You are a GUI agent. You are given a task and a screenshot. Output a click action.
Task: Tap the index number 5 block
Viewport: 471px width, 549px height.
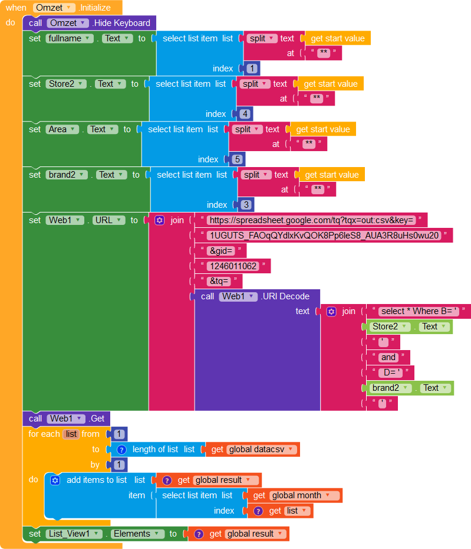point(237,159)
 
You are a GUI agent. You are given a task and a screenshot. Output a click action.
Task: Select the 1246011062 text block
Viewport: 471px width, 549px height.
point(232,266)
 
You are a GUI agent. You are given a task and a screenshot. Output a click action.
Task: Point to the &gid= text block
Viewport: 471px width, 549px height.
point(220,251)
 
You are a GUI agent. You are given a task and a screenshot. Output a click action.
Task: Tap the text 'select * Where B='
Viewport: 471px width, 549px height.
point(419,311)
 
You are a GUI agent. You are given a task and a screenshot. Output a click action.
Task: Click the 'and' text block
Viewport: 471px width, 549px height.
point(388,357)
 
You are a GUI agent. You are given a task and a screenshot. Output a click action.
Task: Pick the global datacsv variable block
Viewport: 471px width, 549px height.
point(256,449)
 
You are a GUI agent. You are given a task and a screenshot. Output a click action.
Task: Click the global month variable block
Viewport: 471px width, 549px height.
point(299,495)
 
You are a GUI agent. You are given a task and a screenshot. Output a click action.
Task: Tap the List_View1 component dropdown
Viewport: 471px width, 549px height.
point(73,534)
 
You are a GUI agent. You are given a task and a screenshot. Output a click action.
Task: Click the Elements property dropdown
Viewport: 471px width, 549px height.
point(138,534)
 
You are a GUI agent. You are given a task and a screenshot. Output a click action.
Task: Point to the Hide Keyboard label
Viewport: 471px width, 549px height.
point(121,23)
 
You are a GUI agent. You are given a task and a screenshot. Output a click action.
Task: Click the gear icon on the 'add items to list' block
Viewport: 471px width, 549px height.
point(55,480)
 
